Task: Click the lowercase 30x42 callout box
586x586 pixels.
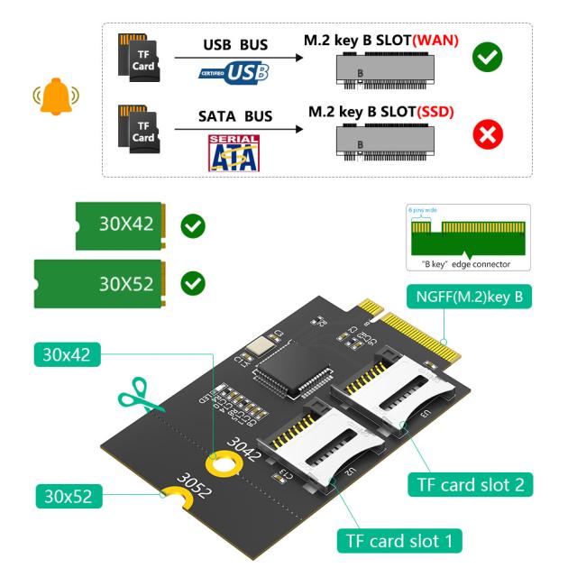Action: coord(67,355)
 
